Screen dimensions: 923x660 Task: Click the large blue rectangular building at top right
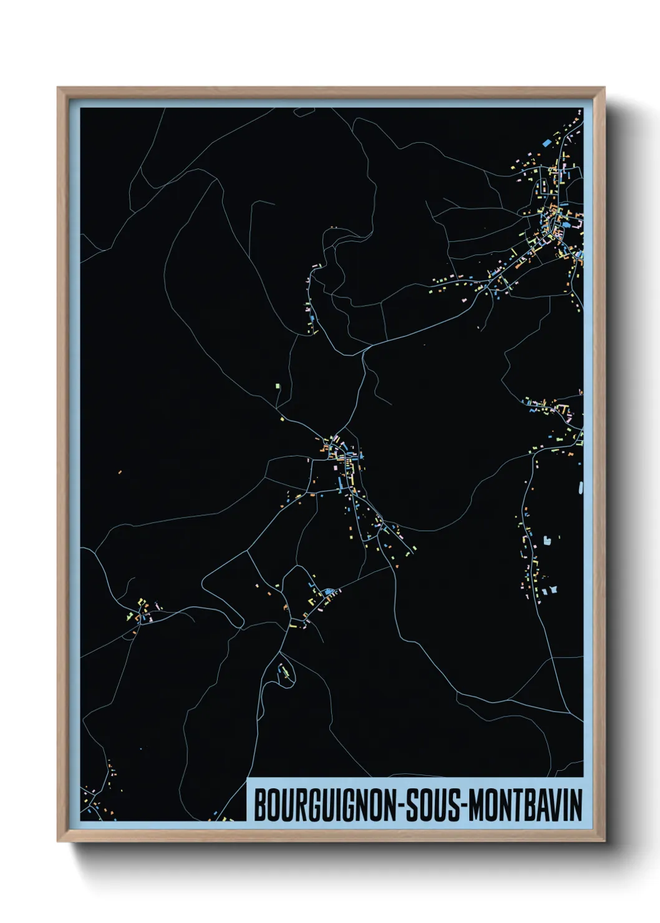[547, 143]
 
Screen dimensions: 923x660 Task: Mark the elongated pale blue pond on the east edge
[581, 487]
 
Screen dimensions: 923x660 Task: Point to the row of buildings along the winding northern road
[311, 299]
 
